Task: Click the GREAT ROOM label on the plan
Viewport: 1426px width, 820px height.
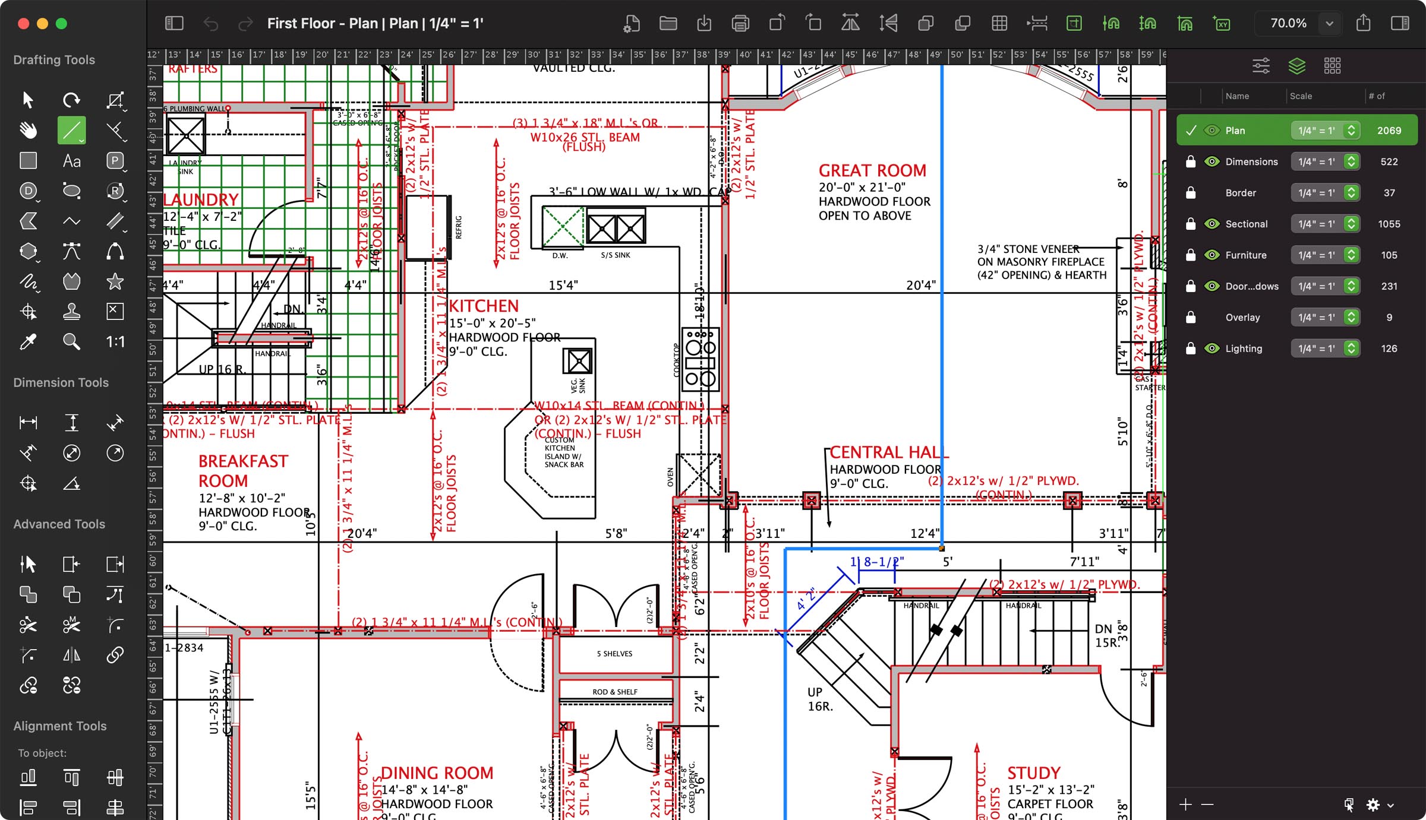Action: click(x=872, y=171)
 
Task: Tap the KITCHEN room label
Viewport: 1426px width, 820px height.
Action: click(x=484, y=306)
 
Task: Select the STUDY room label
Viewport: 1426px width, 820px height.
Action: click(x=1034, y=773)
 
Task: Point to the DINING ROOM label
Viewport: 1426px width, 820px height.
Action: click(x=437, y=773)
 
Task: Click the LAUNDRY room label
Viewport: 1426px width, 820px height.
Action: click(x=201, y=200)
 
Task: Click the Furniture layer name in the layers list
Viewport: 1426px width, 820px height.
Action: click(x=1246, y=255)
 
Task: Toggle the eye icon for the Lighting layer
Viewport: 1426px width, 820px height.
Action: click(x=1212, y=349)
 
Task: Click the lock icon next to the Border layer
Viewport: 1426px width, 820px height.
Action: click(x=1191, y=193)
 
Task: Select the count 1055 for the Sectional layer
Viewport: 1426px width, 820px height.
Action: click(x=1389, y=224)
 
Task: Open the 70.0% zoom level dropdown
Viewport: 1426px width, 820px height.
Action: click(x=1329, y=24)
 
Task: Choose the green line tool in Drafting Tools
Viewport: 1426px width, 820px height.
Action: click(x=71, y=130)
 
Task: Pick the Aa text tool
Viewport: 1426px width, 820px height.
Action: click(x=71, y=161)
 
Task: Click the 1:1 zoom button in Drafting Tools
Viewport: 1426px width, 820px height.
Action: click(x=115, y=341)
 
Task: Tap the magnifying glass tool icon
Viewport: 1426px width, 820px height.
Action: click(x=71, y=341)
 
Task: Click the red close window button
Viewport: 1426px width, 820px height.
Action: click(x=24, y=24)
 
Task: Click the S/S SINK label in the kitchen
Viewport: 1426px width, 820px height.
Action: click(x=615, y=255)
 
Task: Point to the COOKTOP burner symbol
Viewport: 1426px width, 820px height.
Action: click(x=701, y=359)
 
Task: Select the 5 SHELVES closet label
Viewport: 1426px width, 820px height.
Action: click(x=614, y=654)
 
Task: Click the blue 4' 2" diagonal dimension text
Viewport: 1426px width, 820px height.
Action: click(x=806, y=600)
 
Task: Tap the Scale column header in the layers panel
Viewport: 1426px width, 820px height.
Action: click(x=1301, y=96)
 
